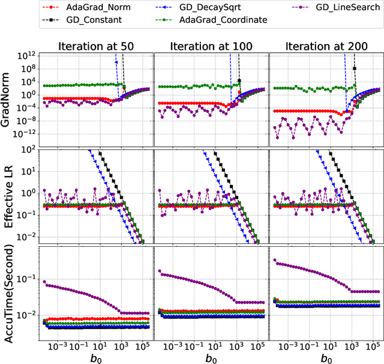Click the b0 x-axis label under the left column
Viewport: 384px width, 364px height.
[95, 358]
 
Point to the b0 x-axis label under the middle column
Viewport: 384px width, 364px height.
[212, 358]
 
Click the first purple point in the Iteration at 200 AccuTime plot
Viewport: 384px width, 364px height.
[275, 260]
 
